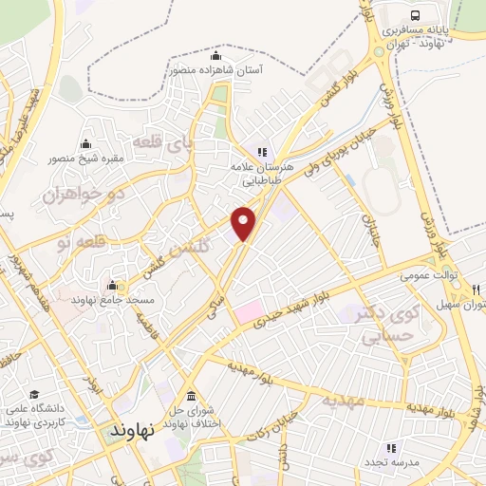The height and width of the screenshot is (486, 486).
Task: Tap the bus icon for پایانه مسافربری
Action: coord(416,15)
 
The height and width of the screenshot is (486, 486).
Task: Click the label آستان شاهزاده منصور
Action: coord(216,69)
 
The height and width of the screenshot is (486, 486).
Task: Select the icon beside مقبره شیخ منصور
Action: coord(86,144)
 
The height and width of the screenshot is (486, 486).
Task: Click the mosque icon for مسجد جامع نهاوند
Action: coord(113,286)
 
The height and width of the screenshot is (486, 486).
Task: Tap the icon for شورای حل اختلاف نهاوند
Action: coord(192,396)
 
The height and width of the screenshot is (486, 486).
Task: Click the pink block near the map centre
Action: coord(249,309)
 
